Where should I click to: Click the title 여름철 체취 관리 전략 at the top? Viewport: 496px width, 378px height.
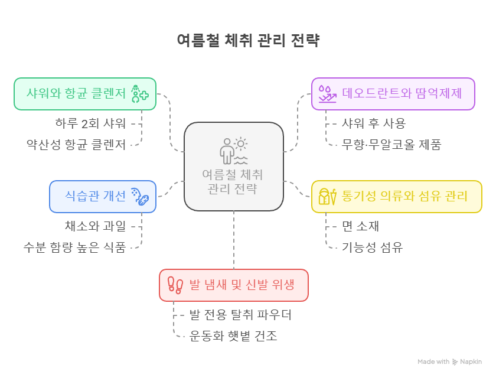pyautogui.click(x=248, y=41)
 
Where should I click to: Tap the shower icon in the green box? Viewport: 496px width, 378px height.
pyautogui.click(x=139, y=94)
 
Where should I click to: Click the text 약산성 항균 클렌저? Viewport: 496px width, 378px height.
pyautogui.click(x=76, y=144)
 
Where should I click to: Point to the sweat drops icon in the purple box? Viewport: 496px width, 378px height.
pyautogui.click(x=327, y=94)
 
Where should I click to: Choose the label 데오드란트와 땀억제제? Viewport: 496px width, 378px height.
pyautogui.click(x=401, y=94)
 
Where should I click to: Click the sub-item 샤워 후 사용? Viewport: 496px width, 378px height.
pyautogui.click(x=374, y=123)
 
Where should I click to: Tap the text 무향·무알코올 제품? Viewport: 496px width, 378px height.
pyautogui.click(x=391, y=144)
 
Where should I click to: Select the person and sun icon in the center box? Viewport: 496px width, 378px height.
pyautogui.click(x=233, y=151)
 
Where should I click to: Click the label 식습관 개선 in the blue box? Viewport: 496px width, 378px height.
pyautogui.click(x=96, y=196)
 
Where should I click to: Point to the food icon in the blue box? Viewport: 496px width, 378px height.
pyautogui.click(x=139, y=196)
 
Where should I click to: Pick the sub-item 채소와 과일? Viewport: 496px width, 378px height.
pyautogui.click(x=95, y=226)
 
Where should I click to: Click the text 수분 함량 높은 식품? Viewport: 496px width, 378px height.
pyautogui.click(x=74, y=247)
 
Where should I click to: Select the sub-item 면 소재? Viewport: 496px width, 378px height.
pyautogui.click(x=360, y=226)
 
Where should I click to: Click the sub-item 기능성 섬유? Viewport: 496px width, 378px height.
pyautogui.click(x=372, y=247)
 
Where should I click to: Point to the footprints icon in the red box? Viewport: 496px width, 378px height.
pyautogui.click(x=175, y=285)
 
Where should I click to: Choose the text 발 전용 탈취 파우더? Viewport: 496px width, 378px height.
pyautogui.click(x=240, y=315)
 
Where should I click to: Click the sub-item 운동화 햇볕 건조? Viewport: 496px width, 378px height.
pyautogui.click(x=233, y=336)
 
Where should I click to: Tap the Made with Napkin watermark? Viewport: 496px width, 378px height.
pyautogui.click(x=450, y=361)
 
